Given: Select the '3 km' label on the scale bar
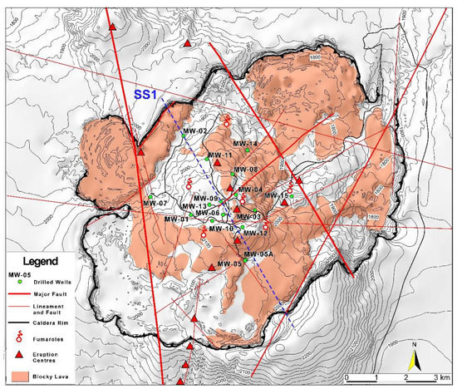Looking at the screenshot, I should pyautogui.click(x=440, y=379).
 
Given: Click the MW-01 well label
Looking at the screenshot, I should pyautogui.click(x=175, y=219).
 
